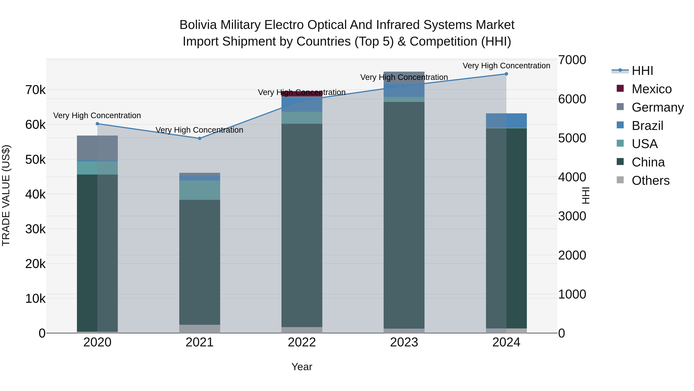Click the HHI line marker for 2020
(x=97, y=124)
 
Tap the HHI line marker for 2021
(x=200, y=138)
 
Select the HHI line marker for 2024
(x=506, y=74)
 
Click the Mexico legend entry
(x=651, y=89)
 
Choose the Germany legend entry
(x=657, y=107)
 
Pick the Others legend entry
(x=650, y=181)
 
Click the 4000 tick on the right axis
(x=572, y=177)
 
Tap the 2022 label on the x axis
(x=302, y=342)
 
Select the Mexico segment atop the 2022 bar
(x=302, y=94)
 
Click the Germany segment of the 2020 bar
(x=97, y=148)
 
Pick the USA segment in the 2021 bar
(x=200, y=190)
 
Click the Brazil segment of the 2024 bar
(x=506, y=120)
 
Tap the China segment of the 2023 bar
(x=404, y=216)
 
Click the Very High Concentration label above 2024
(x=506, y=66)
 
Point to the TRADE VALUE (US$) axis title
(x=6, y=195)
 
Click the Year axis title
(x=302, y=367)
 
